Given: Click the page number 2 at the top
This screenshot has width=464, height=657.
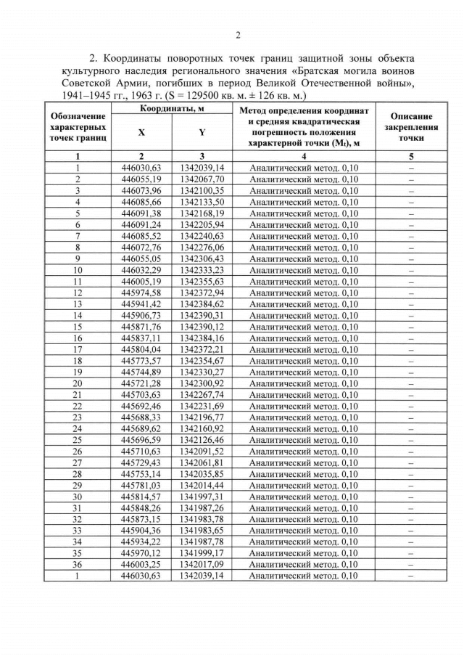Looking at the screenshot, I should [x=237, y=35].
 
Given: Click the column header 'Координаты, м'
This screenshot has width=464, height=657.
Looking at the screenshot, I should [x=172, y=108].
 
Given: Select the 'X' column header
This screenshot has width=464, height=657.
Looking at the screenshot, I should [x=141, y=133].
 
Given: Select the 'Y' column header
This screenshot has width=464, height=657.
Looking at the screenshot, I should [x=202, y=133].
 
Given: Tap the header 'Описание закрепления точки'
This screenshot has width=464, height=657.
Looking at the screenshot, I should [x=410, y=127].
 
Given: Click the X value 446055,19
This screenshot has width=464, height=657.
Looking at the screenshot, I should [x=141, y=179].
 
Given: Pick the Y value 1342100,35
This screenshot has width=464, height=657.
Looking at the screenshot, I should [x=202, y=190].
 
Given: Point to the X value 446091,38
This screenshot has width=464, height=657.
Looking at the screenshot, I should [x=141, y=213].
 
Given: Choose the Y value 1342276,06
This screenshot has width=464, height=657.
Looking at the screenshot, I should [x=202, y=247].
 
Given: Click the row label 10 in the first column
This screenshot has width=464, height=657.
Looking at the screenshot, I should [x=78, y=270].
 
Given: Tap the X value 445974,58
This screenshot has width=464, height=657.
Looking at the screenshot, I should [x=141, y=293].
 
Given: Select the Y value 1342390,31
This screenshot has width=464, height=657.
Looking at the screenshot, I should [x=202, y=315].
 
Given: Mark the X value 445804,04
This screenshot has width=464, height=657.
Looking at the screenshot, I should [x=141, y=349].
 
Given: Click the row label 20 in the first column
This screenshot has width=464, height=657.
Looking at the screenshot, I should [x=78, y=383].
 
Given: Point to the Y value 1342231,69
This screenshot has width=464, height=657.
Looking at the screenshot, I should [x=202, y=406].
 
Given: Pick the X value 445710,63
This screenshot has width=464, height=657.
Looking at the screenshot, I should [x=141, y=452].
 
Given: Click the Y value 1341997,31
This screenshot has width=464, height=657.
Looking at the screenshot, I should [x=202, y=497].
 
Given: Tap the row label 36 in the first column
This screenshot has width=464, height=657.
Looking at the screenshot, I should [x=78, y=565].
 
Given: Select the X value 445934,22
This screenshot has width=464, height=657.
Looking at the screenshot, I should [x=141, y=542].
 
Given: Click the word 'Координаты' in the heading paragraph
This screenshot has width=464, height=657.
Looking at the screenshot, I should [x=138, y=57].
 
